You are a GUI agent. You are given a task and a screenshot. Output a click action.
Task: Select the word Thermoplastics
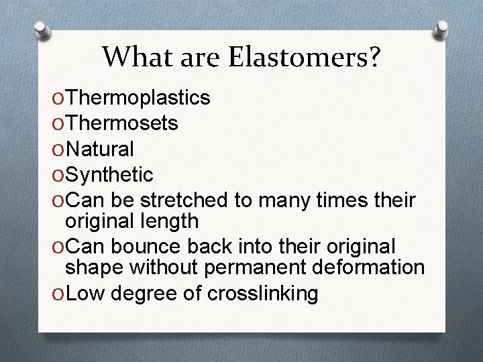click(x=139, y=98)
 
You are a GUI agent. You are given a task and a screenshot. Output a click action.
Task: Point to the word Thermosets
click(x=122, y=123)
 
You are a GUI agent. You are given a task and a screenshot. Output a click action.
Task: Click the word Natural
click(x=101, y=149)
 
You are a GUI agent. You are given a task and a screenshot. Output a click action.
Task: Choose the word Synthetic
click(x=110, y=175)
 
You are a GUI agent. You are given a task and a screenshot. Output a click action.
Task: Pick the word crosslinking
click(x=263, y=293)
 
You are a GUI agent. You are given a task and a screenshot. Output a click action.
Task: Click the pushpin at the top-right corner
click(x=443, y=28)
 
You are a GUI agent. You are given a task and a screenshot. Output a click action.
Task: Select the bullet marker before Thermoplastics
click(x=58, y=99)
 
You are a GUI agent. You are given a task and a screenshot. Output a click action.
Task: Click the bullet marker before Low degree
click(x=58, y=294)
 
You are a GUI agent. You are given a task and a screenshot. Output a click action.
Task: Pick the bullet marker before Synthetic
click(x=58, y=176)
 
